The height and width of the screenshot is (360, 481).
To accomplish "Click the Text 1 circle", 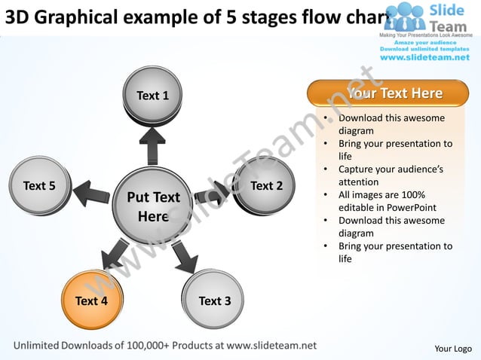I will (x=152, y=96).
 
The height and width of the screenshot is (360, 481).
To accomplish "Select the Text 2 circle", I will (x=265, y=185).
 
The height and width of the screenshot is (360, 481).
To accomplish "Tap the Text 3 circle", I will (x=214, y=301).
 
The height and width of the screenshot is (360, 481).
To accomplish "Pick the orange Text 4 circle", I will (x=91, y=301).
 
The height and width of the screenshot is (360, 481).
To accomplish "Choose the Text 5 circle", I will (x=39, y=185).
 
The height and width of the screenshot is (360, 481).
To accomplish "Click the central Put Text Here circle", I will (x=153, y=206).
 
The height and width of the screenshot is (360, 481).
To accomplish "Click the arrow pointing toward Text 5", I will (x=90, y=192).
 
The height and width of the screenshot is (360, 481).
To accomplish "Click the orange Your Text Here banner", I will (x=388, y=93).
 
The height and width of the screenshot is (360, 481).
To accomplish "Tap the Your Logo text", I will (x=453, y=348).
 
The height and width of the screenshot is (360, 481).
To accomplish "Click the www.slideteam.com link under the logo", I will (x=424, y=57).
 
